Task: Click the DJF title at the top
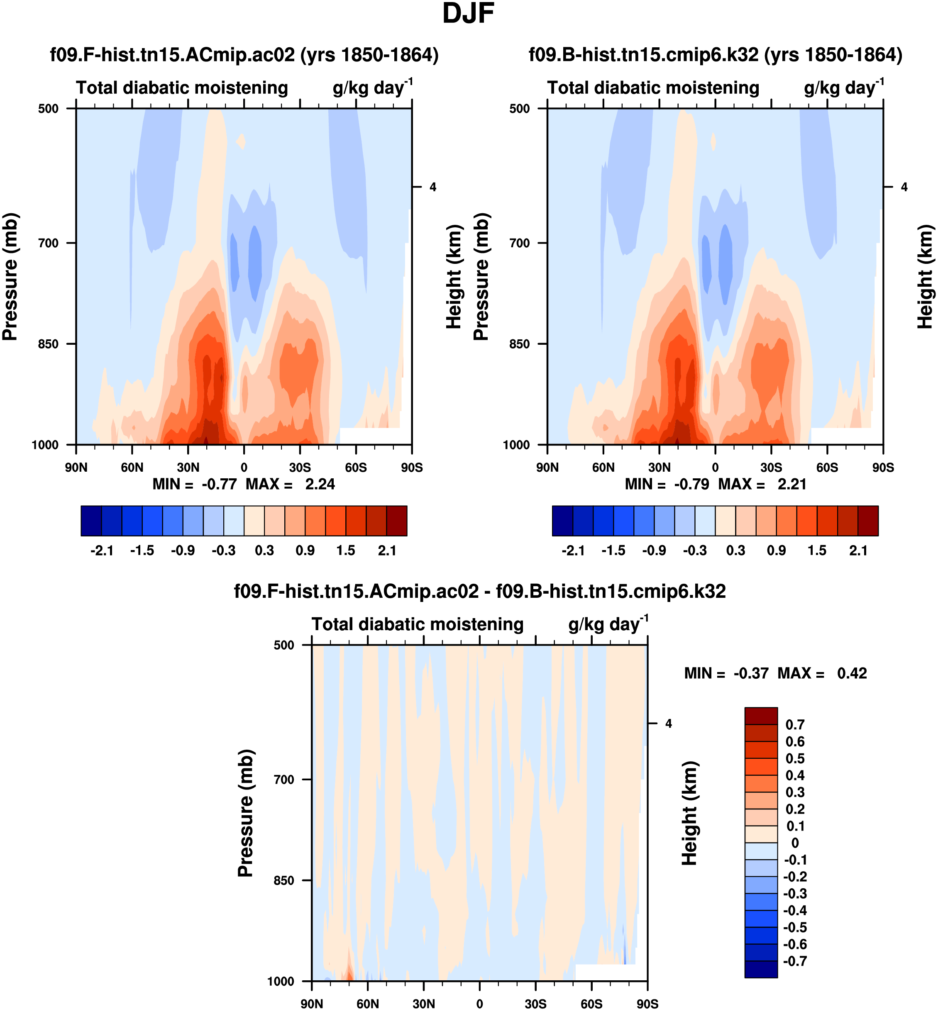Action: [468, 14]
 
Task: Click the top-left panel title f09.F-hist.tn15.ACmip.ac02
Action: [244, 55]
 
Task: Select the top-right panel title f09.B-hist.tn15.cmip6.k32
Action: [715, 55]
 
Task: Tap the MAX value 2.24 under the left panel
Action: [320, 485]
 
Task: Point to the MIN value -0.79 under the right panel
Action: [691, 485]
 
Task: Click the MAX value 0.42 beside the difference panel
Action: [852, 674]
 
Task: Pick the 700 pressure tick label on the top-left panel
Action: [49, 243]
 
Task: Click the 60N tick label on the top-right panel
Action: [603, 468]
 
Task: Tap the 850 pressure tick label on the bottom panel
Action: [284, 880]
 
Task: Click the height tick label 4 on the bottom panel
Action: [669, 724]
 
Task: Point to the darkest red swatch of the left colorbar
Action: [396, 521]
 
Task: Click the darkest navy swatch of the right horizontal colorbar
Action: [562, 521]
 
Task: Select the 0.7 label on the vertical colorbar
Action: [795, 725]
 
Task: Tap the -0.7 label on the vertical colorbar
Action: [795, 961]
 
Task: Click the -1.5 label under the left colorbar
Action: [142, 551]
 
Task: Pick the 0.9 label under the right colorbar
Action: [776, 551]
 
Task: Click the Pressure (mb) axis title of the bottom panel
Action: [246, 813]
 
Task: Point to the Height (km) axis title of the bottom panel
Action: [689, 813]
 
